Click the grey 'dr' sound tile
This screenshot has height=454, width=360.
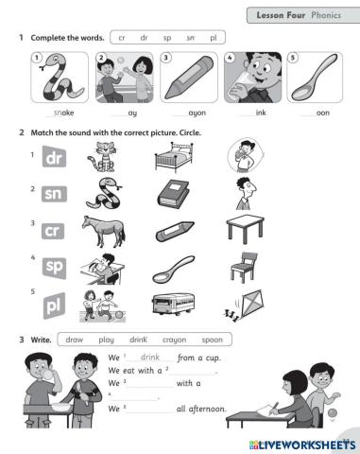coord(54,161)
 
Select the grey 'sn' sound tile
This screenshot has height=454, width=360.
coord(54,196)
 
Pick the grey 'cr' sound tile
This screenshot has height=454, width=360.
coord(54,231)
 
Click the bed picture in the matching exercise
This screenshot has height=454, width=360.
coord(172,159)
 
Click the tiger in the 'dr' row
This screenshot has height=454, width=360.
coord(101,158)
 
